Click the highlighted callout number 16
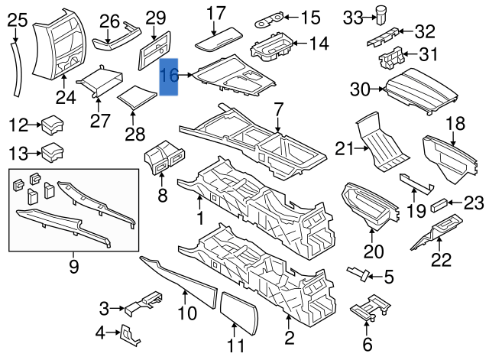click(170, 76)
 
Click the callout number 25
click(15, 19)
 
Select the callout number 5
click(388, 277)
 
